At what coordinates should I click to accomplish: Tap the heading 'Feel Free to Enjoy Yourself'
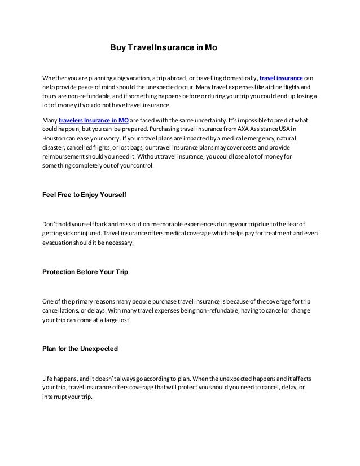84,195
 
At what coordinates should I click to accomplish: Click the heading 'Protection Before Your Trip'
85,272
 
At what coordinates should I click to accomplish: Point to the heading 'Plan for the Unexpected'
80,349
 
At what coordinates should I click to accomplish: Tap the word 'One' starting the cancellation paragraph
49,301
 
